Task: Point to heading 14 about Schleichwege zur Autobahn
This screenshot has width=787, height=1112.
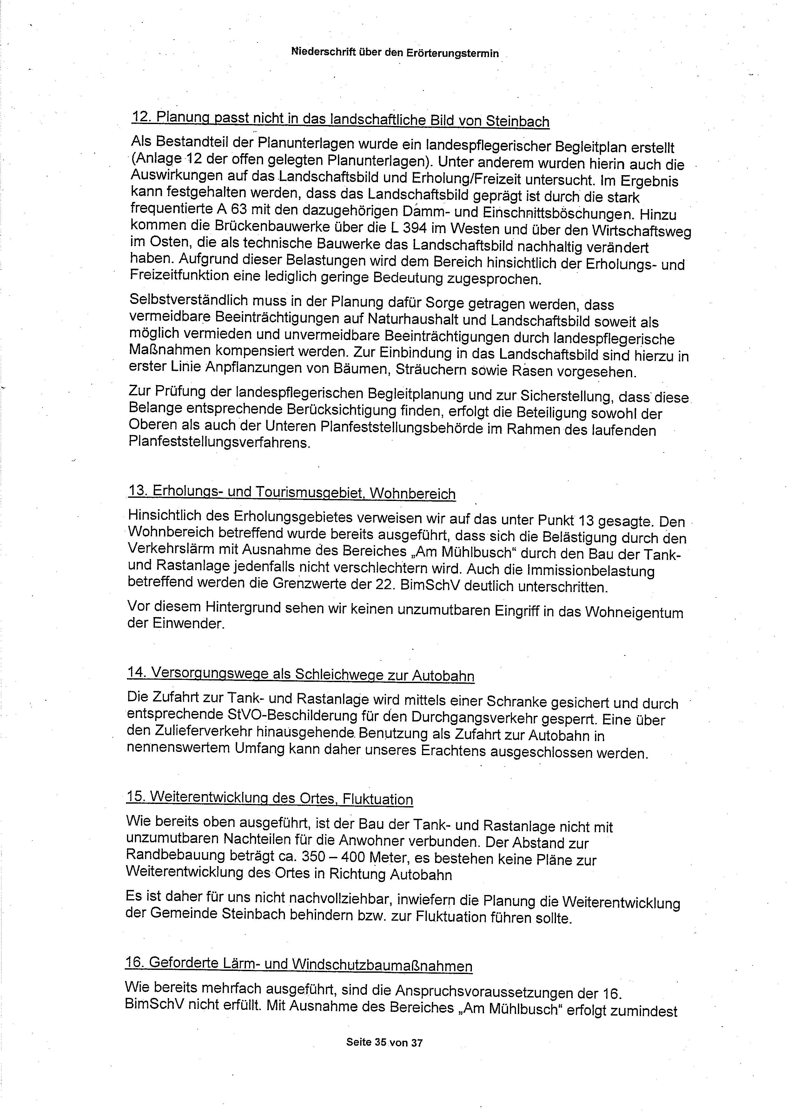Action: [301, 674]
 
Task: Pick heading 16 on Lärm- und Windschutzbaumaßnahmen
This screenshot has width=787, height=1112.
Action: [299, 964]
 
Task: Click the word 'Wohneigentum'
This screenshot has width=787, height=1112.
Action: [634, 612]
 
